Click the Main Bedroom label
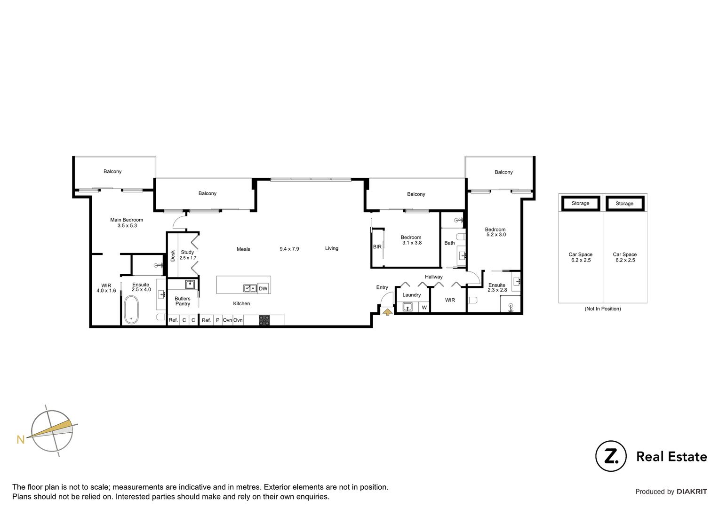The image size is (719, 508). (x=127, y=222)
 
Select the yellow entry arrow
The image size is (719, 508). (x=387, y=311)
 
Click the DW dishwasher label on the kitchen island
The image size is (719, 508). (x=264, y=288)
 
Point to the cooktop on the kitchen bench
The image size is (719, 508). (x=264, y=320)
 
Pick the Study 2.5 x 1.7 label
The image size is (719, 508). (x=187, y=255)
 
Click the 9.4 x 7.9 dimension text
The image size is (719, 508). (x=289, y=249)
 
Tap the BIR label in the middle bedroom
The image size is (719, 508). (x=377, y=246)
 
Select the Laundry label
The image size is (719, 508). (x=412, y=295)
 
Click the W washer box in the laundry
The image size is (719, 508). (x=424, y=308)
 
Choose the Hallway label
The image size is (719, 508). (x=433, y=277)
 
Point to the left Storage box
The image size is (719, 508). (x=580, y=203)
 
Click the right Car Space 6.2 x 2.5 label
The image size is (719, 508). (x=624, y=257)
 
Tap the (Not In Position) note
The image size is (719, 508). (x=603, y=309)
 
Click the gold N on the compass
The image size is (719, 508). (x=20, y=440)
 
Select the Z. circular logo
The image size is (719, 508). (x=611, y=456)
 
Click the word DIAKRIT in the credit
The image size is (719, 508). (x=692, y=492)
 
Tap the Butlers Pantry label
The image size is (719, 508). (x=183, y=301)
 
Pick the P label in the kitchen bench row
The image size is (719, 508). (x=217, y=320)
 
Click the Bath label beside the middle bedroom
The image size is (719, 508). (x=449, y=243)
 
